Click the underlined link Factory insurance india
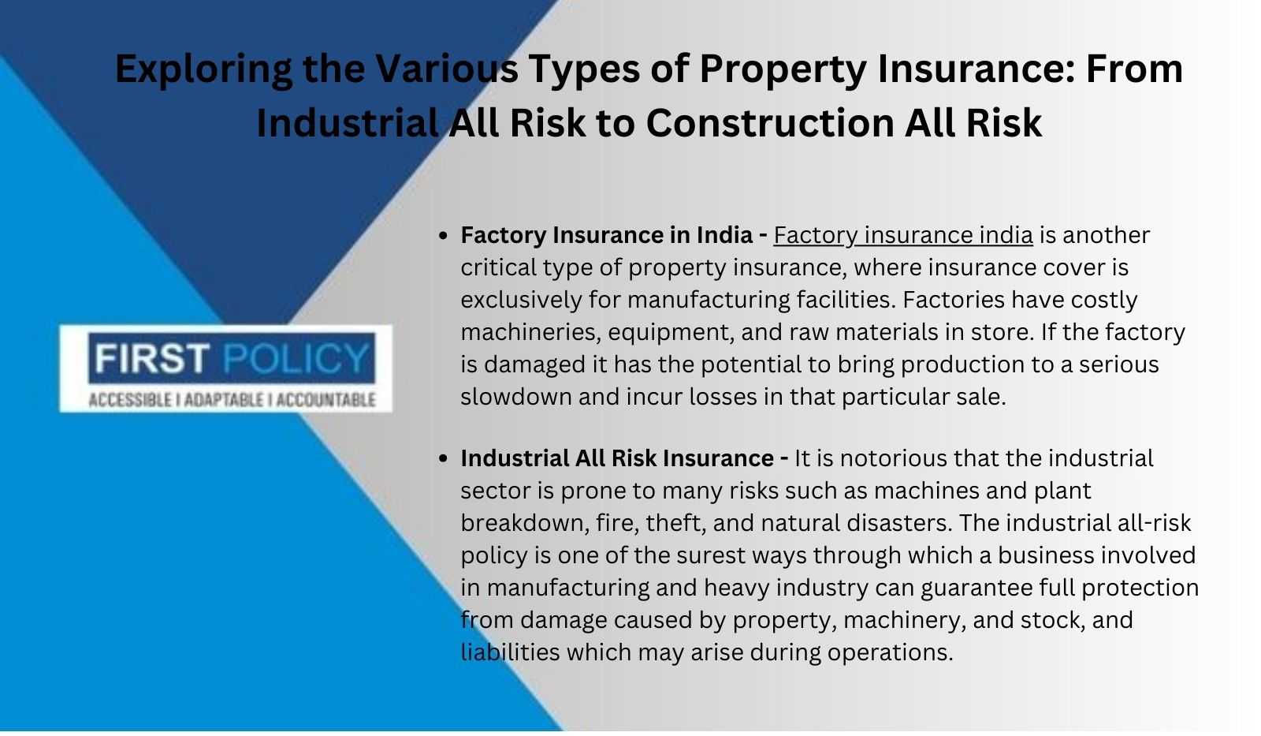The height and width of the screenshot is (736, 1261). point(903,236)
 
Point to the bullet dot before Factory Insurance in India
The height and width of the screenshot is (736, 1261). point(443,236)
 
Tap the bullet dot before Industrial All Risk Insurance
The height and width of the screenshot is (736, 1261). point(443,459)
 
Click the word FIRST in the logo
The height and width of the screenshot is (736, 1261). point(151,358)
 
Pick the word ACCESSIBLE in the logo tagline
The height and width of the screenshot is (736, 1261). point(130,400)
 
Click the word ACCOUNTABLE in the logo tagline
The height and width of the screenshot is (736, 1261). point(326,400)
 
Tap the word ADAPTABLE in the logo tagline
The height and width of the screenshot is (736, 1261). point(224,400)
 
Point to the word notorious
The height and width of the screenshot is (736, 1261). point(887,459)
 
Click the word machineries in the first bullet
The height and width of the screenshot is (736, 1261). point(528,332)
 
